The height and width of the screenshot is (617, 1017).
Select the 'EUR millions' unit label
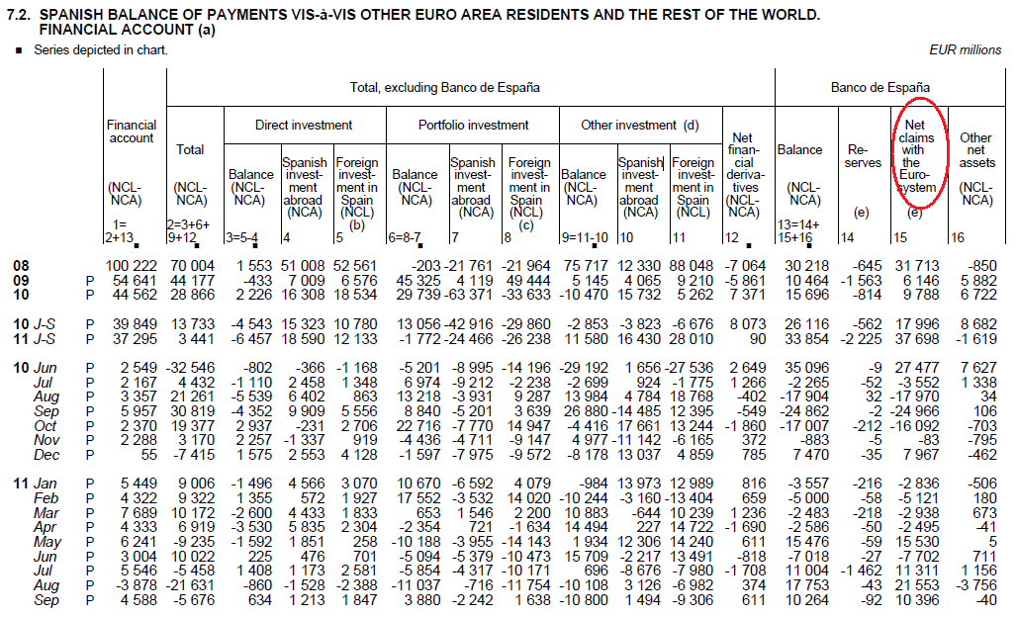[x=966, y=49]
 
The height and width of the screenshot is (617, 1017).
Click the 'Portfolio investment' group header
[x=473, y=126]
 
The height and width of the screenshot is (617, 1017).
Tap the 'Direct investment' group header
[x=304, y=126]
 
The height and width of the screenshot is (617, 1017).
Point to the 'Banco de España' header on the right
[x=880, y=87]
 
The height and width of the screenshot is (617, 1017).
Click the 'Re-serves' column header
[x=862, y=156]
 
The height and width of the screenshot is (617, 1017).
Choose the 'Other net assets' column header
[x=976, y=168]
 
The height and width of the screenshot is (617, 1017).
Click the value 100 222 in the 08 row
[x=131, y=266]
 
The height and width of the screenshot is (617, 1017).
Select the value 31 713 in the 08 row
[x=917, y=266]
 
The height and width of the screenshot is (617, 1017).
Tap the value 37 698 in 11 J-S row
[x=917, y=339]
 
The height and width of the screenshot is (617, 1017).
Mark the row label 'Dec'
[x=46, y=455]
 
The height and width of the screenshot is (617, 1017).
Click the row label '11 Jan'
[x=35, y=484]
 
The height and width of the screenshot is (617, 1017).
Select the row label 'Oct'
[x=46, y=426]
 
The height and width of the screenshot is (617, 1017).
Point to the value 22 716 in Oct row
[x=418, y=426]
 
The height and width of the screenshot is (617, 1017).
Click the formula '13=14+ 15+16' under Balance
[x=798, y=231]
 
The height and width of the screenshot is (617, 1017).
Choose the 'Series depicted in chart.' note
[x=101, y=49]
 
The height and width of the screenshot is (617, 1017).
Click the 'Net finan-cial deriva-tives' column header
[x=743, y=174]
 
